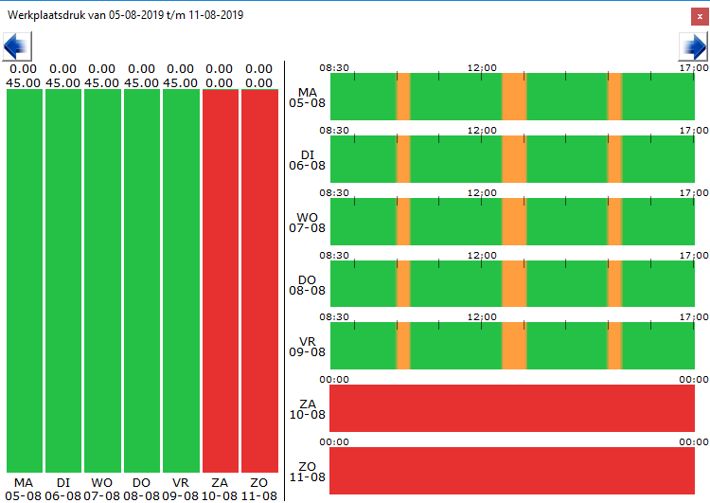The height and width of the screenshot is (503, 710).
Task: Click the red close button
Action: (x=700, y=17)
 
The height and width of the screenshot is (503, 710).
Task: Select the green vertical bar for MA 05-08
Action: (x=25, y=281)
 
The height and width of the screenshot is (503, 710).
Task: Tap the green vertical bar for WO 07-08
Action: (x=102, y=281)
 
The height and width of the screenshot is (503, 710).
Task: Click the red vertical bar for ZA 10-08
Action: (x=221, y=281)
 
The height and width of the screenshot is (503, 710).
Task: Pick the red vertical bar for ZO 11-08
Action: (x=259, y=281)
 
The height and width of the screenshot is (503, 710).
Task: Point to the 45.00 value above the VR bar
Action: (x=180, y=83)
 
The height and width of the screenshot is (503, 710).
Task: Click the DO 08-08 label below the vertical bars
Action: (x=141, y=490)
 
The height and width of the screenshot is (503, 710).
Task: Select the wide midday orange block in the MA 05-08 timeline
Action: (x=514, y=97)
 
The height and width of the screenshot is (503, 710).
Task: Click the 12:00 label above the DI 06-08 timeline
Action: (x=482, y=131)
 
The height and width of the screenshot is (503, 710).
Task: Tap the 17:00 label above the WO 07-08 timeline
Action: (x=694, y=193)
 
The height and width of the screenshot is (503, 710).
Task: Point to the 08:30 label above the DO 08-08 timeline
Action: (x=334, y=256)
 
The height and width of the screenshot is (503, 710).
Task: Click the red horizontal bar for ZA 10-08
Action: (x=512, y=408)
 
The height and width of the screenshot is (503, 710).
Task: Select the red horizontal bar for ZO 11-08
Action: (x=512, y=471)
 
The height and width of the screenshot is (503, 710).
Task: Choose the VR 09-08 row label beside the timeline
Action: (x=307, y=347)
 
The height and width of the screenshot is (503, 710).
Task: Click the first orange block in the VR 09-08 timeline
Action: (x=403, y=346)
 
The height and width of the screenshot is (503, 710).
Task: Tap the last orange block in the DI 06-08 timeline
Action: (x=615, y=159)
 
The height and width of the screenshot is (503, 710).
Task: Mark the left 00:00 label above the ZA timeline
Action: (x=334, y=380)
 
